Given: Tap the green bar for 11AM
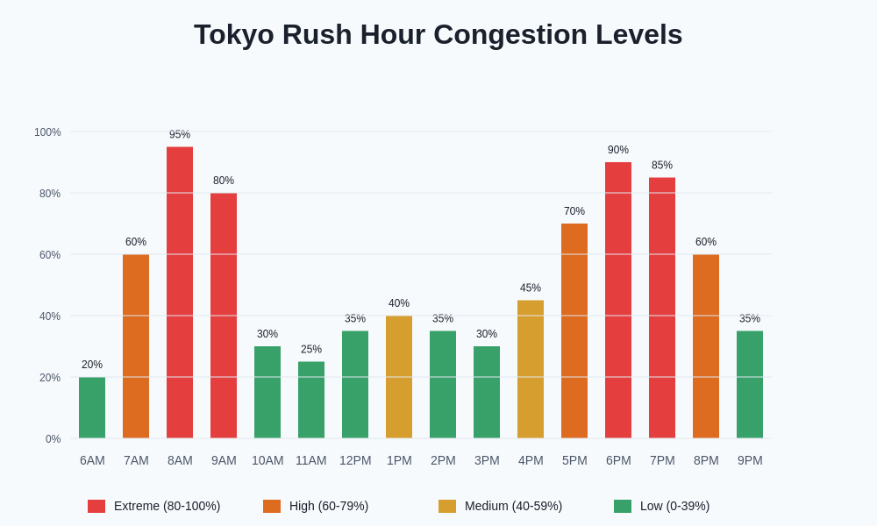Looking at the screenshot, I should (x=311, y=400).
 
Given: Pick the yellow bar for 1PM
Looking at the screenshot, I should (x=399, y=377).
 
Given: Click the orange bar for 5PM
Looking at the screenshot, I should (x=574, y=331).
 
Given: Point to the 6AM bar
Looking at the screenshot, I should (x=92, y=408).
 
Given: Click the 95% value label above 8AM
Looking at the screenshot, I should (x=180, y=134).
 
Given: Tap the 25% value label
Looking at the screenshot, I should (x=311, y=349).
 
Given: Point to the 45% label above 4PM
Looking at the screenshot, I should (x=531, y=288).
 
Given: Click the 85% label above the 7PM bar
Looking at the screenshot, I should (x=662, y=165).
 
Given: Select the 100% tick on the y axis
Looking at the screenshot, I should (x=47, y=132).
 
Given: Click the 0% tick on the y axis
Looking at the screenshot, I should (x=53, y=439).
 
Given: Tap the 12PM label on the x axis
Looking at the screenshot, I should (x=355, y=460).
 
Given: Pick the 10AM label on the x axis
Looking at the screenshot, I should (x=267, y=460).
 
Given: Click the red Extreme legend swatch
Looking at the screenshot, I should (x=96, y=506).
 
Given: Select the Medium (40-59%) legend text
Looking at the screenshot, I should (x=513, y=506).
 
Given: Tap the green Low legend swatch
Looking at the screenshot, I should (x=623, y=506).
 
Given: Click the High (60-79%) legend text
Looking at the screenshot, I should (x=329, y=506).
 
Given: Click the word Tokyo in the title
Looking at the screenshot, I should (x=230, y=34).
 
